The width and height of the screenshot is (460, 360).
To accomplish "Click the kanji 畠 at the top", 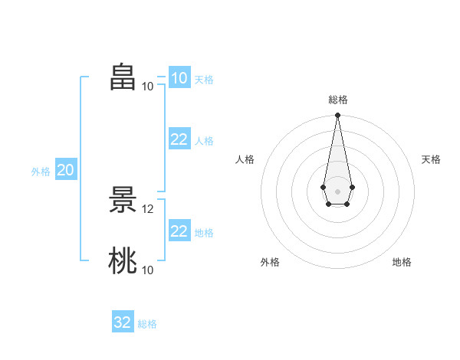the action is pyautogui.click(x=123, y=77).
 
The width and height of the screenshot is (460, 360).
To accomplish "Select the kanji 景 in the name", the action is pyautogui.click(x=123, y=200).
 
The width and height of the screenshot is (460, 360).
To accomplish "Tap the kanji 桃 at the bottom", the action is pyautogui.click(x=123, y=260).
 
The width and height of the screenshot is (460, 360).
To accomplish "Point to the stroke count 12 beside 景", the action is pyautogui.click(x=147, y=209).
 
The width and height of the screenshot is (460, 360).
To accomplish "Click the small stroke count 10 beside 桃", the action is pyautogui.click(x=147, y=270).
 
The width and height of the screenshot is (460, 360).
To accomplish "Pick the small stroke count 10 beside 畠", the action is pyautogui.click(x=147, y=87).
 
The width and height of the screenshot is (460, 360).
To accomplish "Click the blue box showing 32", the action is pyautogui.click(x=123, y=321).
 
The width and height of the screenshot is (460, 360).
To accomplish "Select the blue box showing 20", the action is pyautogui.click(x=66, y=169).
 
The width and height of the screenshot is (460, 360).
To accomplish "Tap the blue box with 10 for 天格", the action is pyautogui.click(x=180, y=77).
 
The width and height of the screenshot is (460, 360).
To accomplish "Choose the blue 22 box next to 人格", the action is pyautogui.click(x=180, y=139).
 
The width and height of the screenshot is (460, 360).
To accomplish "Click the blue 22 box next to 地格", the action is pyautogui.click(x=180, y=230).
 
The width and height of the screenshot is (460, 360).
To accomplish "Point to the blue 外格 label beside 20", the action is pyautogui.click(x=41, y=172).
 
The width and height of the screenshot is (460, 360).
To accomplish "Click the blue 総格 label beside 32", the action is pyautogui.click(x=147, y=324).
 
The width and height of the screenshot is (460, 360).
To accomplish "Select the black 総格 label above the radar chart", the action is pyautogui.click(x=338, y=100).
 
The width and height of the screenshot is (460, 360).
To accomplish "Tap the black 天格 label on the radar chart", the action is pyautogui.click(x=431, y=159).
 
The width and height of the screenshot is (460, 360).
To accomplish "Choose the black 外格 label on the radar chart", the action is pyautogui.click(x=270, y=262).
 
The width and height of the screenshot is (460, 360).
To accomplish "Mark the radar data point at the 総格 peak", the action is pyautogui.click(x=337, y=115).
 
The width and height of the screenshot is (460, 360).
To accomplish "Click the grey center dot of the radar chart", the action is pyautogui.click(x=337, y=191).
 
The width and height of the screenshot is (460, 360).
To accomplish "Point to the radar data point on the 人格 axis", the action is pyautogui.click(x=324, y=187).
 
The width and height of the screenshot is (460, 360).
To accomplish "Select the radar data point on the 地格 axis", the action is pyautogui.click(x=347, y=204).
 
